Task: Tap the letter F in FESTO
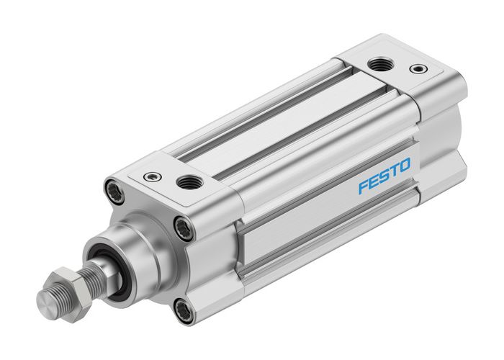click(x=364, y=186)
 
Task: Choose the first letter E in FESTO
click(x=374, y=181)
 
